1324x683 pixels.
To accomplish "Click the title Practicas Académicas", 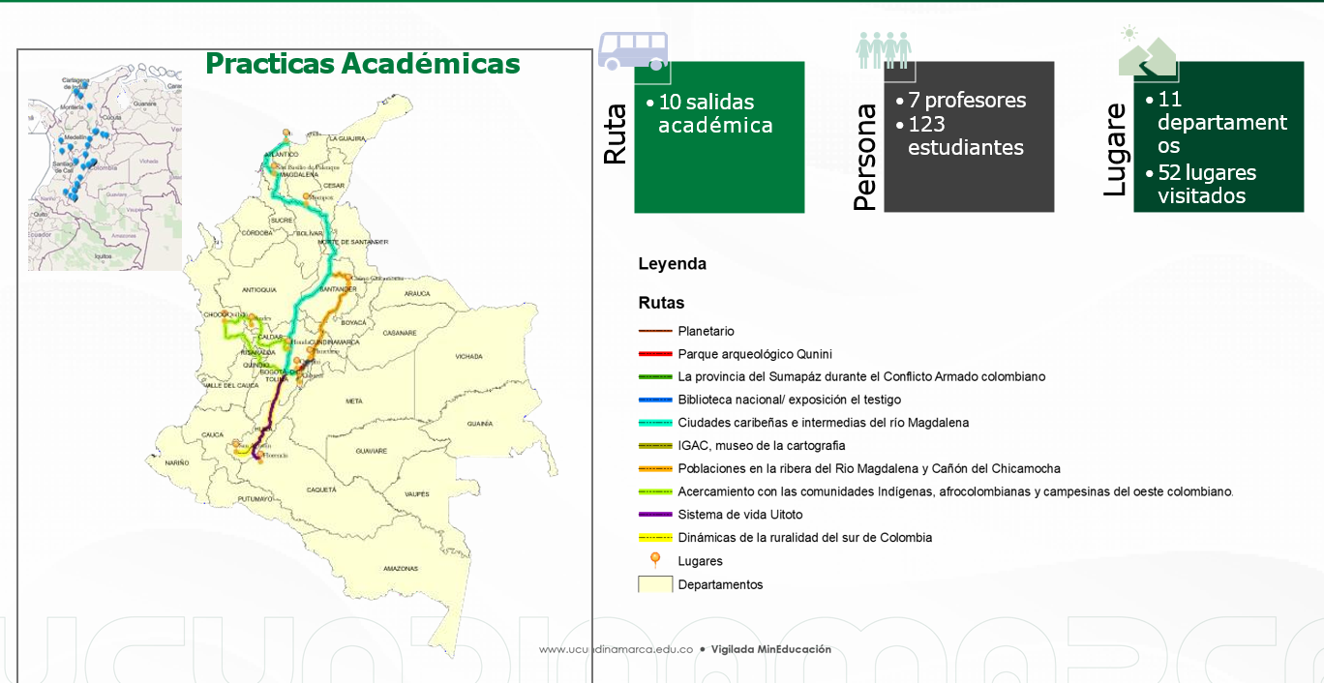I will coord(363,64).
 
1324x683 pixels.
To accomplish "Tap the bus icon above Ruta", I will coord(633,49).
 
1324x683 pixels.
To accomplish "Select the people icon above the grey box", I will coord(883,49).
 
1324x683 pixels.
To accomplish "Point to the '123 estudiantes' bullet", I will coord(965,135).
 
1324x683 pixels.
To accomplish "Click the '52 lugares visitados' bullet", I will coord(1206,184).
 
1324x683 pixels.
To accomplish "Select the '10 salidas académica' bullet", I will coord(714,113).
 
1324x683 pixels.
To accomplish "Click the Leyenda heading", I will coord(672,264).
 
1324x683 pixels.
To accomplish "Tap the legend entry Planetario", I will coord(706,331).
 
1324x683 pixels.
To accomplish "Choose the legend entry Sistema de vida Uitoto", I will coord(739,515).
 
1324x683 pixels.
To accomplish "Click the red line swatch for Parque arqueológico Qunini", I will coord(655,354).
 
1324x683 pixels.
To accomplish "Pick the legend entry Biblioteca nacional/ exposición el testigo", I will coord(789,400).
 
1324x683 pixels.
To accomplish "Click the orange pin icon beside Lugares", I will coord(655,559).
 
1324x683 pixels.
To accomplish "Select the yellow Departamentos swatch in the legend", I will coord(655,584).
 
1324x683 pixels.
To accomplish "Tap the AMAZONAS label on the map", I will coord(400,568).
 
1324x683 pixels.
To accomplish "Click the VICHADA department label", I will coord(468,356).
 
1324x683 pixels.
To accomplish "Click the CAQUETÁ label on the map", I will coord(321,490).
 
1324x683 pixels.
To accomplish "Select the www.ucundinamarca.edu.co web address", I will coord(616,650).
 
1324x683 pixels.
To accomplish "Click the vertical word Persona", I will coord(865,157).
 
